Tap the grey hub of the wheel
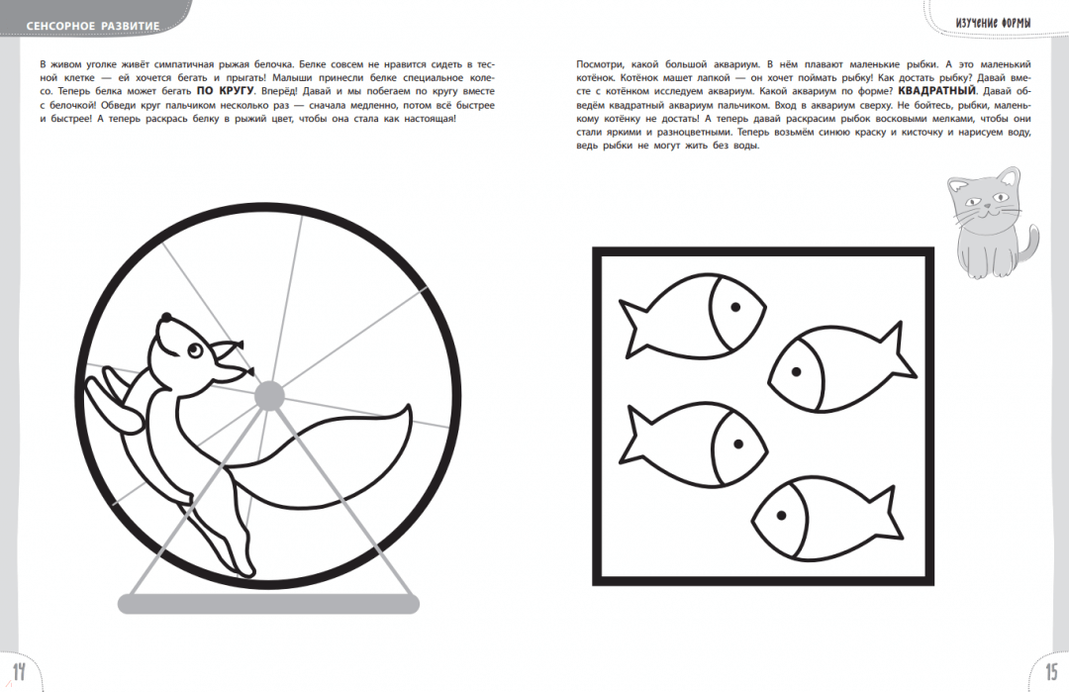coord(269,395)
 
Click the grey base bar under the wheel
coord(268,603)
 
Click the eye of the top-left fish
coord(734,307)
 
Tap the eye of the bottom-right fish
coord(781,516)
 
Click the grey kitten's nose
coord(987,207)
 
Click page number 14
coord(19,671)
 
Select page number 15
coord(1050,671)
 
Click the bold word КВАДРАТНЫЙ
coord(937,91)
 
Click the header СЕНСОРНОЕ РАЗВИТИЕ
coord(93,26)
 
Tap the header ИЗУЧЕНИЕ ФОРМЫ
coord(994,23)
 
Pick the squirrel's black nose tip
coord(165,317)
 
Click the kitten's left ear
coord(958,184)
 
